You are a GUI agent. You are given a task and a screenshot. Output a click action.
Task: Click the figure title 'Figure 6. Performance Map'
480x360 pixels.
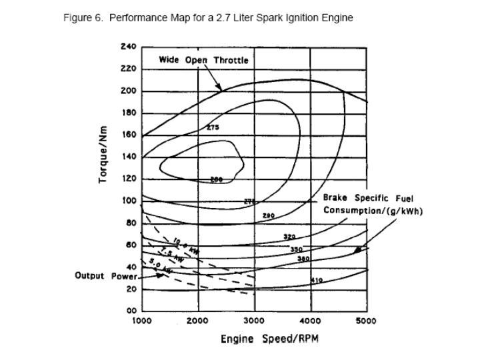coord(208,18)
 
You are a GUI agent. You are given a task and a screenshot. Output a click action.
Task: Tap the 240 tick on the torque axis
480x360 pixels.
coord(128,47)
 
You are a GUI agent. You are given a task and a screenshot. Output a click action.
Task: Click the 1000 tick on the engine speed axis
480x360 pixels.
coord(142,321)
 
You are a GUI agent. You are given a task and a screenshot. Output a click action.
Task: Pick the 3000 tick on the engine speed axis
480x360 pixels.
coord(254,321)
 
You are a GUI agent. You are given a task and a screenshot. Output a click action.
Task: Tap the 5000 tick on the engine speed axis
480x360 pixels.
coord(366,321)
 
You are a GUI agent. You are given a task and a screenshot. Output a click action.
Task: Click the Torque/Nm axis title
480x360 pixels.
coord(105,155)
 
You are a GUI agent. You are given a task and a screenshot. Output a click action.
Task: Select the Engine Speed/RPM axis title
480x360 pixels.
coord(269,339)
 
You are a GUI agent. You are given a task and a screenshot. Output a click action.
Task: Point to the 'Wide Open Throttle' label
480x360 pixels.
coord(203,60)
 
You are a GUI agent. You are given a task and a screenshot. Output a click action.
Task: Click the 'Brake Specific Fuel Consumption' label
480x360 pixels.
coord(373,205)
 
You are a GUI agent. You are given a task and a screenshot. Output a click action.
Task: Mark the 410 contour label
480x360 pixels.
coord(317,281)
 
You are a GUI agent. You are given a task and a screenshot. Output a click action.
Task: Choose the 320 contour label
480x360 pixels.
coord(289,237)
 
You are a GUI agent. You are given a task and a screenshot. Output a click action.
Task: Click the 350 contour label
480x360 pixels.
coord(296,249)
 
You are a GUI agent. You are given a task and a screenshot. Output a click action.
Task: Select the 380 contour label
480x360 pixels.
coord(303,258)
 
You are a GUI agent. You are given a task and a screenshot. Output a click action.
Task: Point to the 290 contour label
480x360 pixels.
coord(268,216)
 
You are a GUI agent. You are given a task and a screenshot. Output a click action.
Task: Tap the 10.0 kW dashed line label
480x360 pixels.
coord(185,245)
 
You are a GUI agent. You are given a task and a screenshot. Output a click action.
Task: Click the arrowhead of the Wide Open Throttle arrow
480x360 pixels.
coord(220,88)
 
